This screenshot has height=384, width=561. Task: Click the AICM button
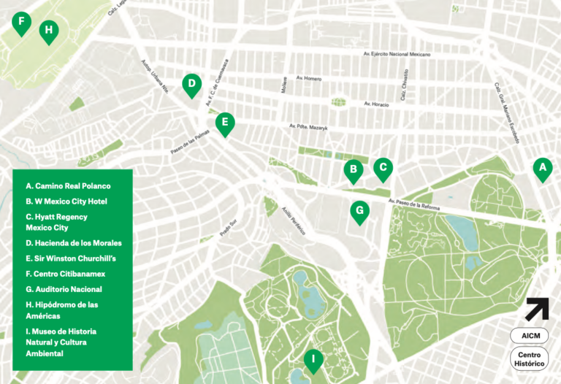tap(529, 336)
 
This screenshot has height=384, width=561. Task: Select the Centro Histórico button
tap(529, 359)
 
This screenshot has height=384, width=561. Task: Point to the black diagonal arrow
tap(537, 308)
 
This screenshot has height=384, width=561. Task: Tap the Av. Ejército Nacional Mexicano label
tap(397, 54)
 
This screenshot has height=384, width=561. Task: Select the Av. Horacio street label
tap(376, 104)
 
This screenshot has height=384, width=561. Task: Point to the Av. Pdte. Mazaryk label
tap(308, 127)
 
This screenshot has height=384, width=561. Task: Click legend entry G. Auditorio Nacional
tap(64, 289)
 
